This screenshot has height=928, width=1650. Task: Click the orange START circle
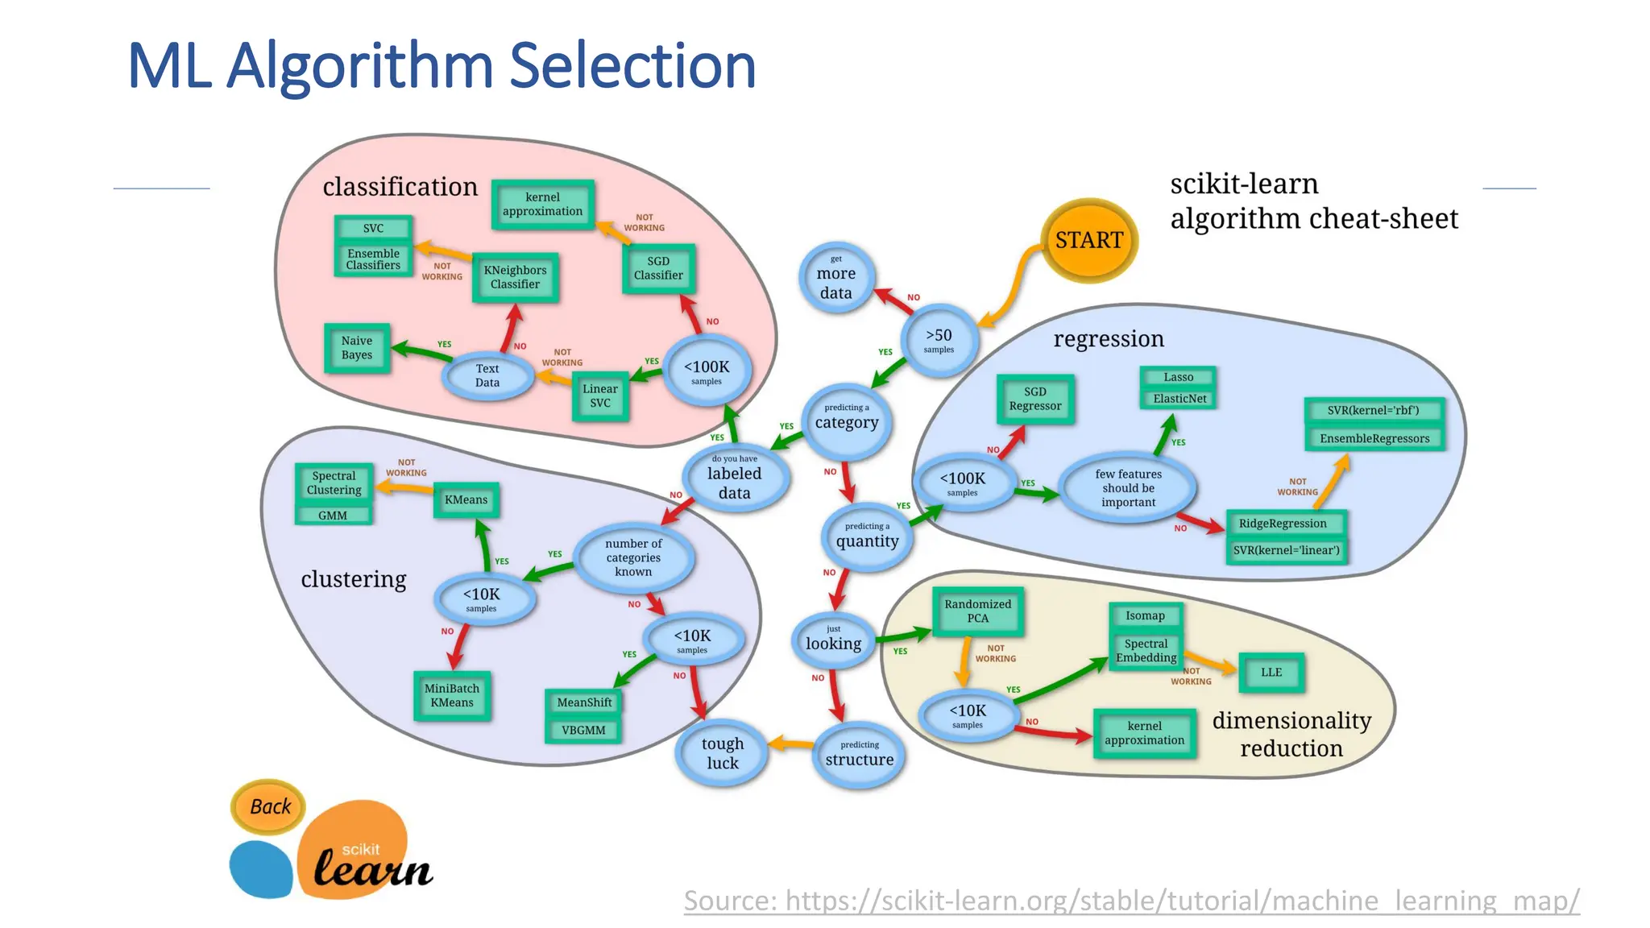(x=1089, y=240)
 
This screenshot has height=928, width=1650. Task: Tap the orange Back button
(x=269, y=806)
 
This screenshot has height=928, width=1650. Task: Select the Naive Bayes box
(x=357, y=348)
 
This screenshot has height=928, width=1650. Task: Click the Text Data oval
(x=487, y=375)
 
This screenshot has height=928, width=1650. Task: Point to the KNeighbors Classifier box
(x=515, y=277)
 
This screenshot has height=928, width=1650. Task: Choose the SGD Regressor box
(x=1035, y=399)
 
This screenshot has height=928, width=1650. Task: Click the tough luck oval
(x=722, y=753)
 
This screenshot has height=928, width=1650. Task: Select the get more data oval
(x=836, y=279)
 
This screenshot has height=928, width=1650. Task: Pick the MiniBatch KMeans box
(x=452, y=695)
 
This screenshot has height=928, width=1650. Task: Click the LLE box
(x=1271, y=672)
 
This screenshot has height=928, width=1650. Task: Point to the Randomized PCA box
(x=977, y=611)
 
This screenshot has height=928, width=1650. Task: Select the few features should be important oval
(x=1128, y=488)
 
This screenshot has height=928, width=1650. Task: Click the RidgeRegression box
(x=1283, y=524)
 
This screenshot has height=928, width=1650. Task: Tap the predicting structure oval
(x=859, y=755)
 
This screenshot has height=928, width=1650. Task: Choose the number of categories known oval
(x=633, y=557)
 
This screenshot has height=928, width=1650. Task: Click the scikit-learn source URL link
(x=1131, y=900)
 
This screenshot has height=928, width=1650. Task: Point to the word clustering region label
(x=353, y=579)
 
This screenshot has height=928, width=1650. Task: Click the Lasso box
(x=1178, y=377)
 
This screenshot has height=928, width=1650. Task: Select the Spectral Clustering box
(x=334, y=483)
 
